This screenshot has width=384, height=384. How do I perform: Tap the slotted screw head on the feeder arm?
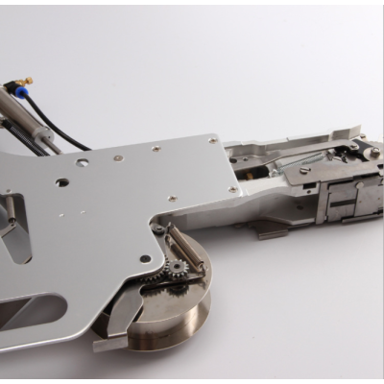pos(305,171)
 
